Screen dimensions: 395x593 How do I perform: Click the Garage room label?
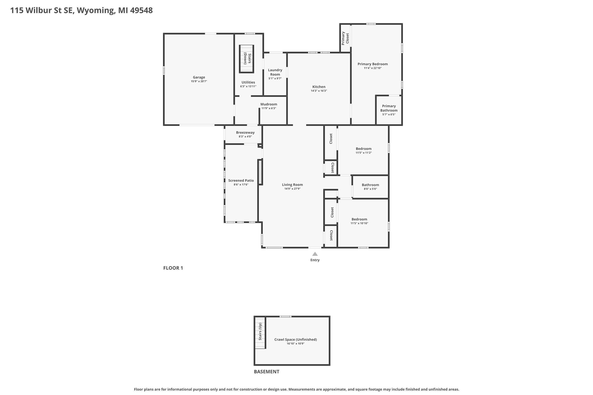pyautogui.click(x=199, y=77)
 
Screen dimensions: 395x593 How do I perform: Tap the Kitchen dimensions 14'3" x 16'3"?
pyautogui.click(x=319, y=91)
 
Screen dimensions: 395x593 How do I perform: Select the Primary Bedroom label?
pyautogui.click(x=372, y=64)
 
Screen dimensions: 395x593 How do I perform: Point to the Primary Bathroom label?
pyautogui.click(x=389, y=108)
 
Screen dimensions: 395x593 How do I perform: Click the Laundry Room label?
pyautogui.click(x=275, y=72)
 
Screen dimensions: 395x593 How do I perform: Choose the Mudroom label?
pyautogui.click(x=268, y=104)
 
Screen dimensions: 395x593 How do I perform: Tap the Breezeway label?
pyautogui.click(x=245, y=132)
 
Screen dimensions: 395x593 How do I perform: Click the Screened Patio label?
pyautogui.click(x=241, y=181)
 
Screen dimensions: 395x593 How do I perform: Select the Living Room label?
pyautogui.click(x=292, y=185)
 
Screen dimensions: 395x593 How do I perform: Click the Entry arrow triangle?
pyautogui.click(x=315, y=254)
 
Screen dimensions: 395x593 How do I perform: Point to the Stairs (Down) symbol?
pyautogui.click(x=246, y=59)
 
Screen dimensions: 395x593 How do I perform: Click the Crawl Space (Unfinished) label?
pyautogui.click(x=296, y=339)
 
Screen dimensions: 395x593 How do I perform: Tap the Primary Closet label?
pyautogui.click(x=345, y=38)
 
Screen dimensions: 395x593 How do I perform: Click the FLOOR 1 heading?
pyautogui.click(x=173, y=268)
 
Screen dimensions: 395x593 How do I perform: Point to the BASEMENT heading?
pyautogui.click(x=266, y=371)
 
